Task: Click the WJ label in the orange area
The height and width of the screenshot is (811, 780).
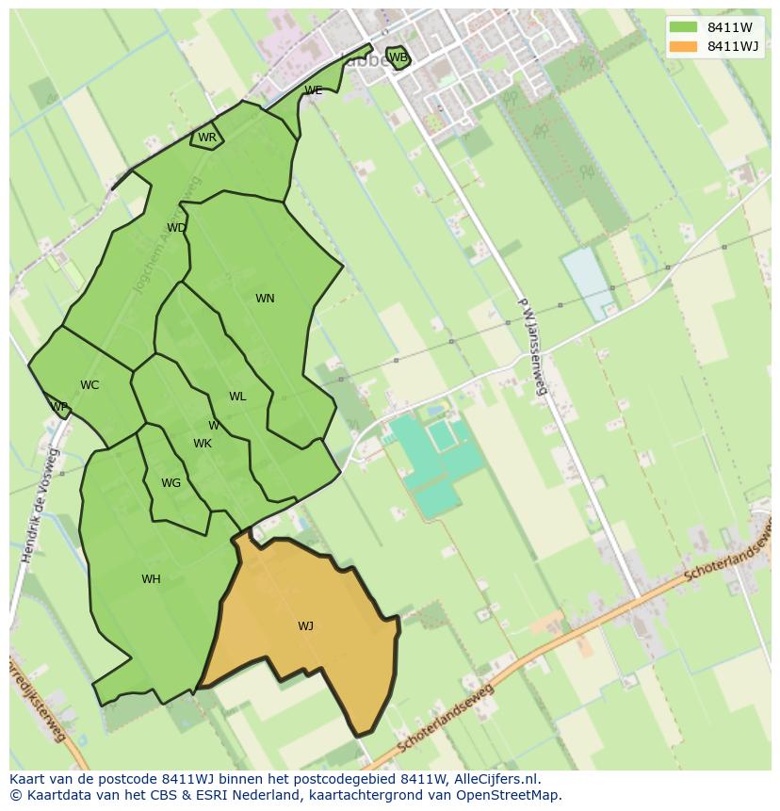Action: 305,626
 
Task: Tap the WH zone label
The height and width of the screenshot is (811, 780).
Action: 151,579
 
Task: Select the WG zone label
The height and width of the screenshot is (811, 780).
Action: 171,483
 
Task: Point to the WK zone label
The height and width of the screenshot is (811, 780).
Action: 203,444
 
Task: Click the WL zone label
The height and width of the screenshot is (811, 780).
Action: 237,397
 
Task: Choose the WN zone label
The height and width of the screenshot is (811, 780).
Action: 265,299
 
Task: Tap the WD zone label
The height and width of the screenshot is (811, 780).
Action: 176,228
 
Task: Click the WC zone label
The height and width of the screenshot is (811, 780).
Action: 89,385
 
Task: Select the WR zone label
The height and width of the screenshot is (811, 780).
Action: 207,138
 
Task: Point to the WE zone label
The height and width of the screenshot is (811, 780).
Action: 314,90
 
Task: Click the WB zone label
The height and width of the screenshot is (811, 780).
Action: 398,57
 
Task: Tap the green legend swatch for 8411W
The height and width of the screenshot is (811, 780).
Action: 683,27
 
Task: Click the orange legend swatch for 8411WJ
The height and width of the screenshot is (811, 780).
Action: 683,46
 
